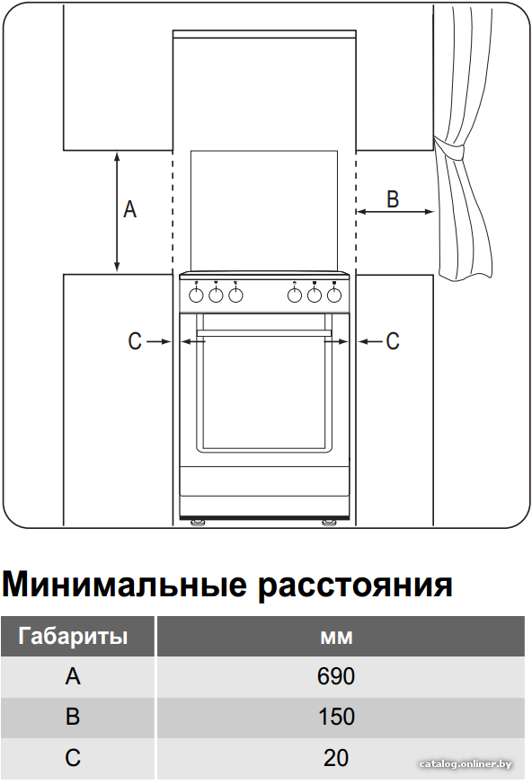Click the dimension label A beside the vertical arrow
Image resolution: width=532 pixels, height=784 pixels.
[130, 209]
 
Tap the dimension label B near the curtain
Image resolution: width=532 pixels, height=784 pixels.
[393, 198]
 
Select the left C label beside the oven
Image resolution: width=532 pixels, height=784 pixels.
[135, 341]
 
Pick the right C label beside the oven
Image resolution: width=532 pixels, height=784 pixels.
[393, 341]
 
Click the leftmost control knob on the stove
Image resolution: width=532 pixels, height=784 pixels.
[196, 295]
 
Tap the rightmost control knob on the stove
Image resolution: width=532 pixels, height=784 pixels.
[333, 295]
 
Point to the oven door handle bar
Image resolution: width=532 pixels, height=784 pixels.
[264, 332]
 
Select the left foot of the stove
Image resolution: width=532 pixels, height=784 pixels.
[198, 523]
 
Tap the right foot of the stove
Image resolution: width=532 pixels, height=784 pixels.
[329, 523]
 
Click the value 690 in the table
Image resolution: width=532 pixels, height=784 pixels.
[336, 676]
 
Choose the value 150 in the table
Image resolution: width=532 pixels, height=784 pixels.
[336, 717]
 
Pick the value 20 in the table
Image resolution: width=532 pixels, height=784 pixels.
[336, 757]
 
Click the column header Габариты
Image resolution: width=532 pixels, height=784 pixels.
[73, 636]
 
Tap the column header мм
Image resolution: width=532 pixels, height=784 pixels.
[336, 638]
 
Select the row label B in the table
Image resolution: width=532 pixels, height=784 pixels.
[73, 717]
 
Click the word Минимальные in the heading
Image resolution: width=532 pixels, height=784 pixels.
[125, 584]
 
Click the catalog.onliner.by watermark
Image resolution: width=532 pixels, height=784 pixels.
[465, 764]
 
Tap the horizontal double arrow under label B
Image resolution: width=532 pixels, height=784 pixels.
[395, 212]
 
